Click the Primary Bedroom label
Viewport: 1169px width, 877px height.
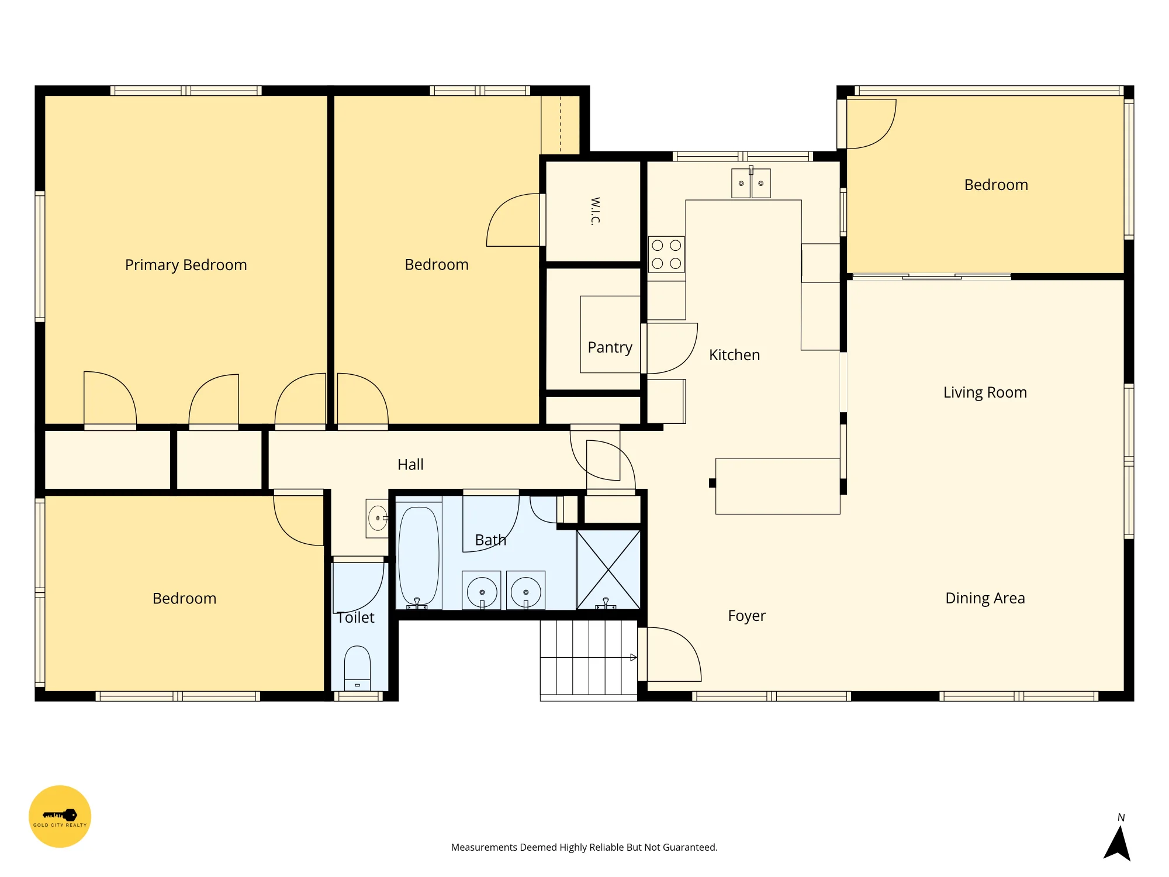[186, 265]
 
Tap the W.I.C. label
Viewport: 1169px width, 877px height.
[595, 211]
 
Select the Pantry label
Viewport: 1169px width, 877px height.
[610, 347]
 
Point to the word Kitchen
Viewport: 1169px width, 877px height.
[734, 355]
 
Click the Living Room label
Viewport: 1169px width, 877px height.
[985, 392]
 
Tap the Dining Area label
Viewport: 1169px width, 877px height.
[985, 598]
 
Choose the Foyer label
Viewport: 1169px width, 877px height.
[746, 616]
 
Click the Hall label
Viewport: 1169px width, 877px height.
[410, 465]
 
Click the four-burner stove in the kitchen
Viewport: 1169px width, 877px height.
[666, 254]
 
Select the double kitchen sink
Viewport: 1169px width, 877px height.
[751, 183]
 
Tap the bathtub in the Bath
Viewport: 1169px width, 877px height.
[419, 555]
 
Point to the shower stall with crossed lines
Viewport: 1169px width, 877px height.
[608, 569]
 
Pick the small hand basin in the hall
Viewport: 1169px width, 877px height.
[377, 518]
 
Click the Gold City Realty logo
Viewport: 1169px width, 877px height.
[60, 816]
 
